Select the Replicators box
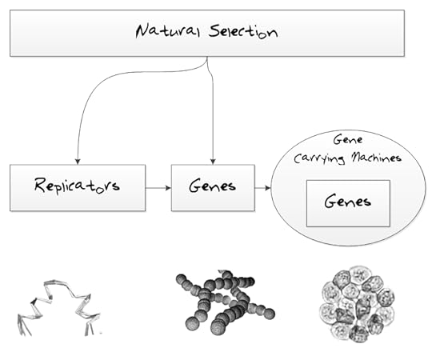78,187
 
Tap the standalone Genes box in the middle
213,187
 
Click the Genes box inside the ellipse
348,202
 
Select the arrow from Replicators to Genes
158,188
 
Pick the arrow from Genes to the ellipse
263,188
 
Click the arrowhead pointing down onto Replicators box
78,160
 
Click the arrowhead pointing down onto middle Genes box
213,160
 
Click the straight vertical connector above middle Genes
213,120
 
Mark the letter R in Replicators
42,186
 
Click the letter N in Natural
142,33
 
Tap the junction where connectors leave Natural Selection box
208,58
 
